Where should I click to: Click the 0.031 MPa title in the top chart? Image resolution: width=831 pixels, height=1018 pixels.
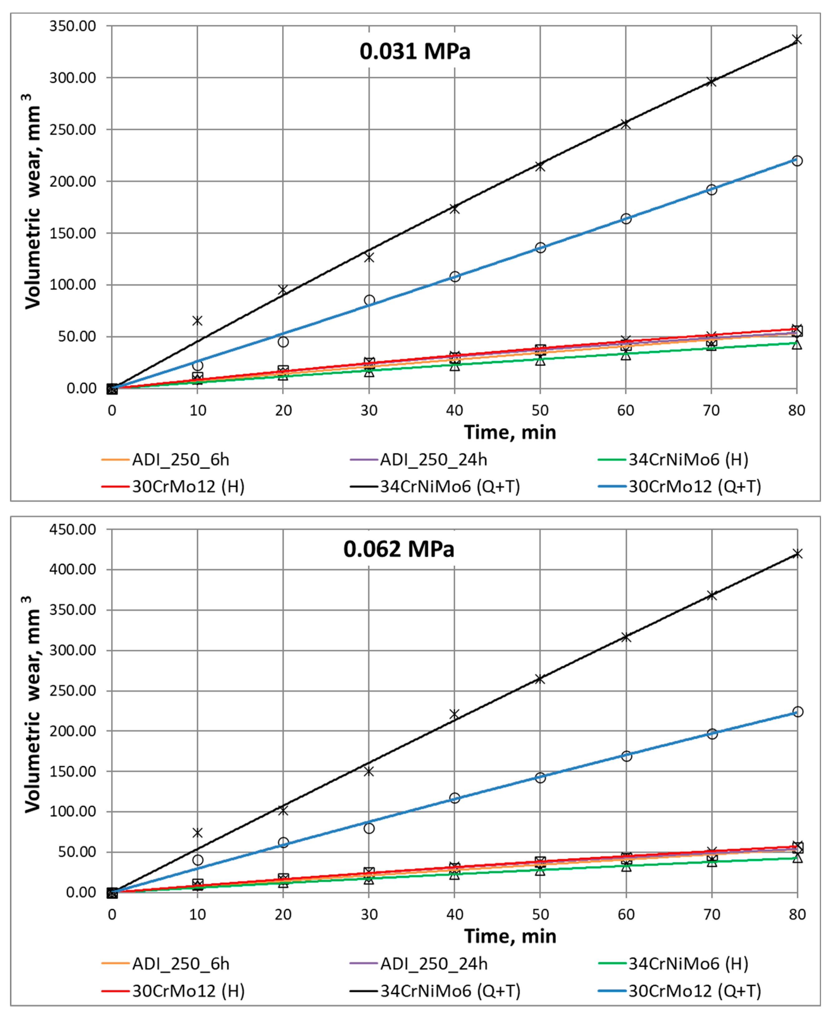(415, 51)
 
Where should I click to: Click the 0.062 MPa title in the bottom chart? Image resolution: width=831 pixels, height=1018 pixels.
(398, 549)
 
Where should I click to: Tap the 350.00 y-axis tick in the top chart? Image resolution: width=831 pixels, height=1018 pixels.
(73, 26)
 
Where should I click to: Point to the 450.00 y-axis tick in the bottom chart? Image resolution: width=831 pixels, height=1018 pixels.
(73, 529)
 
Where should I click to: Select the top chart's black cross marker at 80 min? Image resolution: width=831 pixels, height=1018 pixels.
(797, 39)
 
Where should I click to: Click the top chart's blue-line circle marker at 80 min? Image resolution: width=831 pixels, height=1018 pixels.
(797, 161)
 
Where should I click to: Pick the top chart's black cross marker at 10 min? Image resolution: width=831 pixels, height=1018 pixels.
(197, 320)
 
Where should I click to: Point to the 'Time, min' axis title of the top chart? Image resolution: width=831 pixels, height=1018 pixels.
(510, 433)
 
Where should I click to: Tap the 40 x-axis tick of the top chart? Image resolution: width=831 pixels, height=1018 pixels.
(454, 410)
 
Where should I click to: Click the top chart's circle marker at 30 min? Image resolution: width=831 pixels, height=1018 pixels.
(369, 300)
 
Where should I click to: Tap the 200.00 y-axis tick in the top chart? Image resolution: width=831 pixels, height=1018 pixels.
(73, 181)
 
